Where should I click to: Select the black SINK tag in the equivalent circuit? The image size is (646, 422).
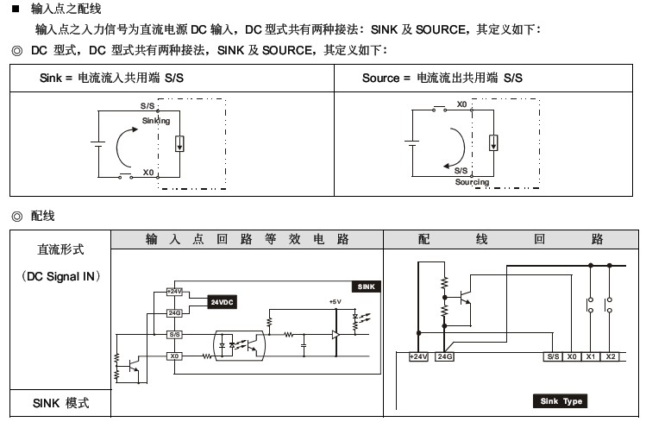point(366,287)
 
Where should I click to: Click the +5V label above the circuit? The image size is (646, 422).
point(335,302)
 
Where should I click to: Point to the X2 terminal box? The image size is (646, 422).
point(610,356)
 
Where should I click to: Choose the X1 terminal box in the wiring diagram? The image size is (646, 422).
point(591,356)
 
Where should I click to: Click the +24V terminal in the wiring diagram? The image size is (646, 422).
point(418,356)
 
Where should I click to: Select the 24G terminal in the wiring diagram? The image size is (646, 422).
point(444,356)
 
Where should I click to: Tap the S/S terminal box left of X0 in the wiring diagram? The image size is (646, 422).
point(552,356)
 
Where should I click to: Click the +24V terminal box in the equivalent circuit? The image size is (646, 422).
point(175,292)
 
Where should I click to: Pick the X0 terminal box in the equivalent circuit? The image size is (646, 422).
point(175,356)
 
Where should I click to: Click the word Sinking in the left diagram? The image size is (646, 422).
point(156,121)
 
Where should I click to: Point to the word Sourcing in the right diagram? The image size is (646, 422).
point(472,182)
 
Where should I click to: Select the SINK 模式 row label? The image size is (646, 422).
point(61,403)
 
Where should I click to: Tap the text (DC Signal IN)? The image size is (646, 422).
point(61,276)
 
